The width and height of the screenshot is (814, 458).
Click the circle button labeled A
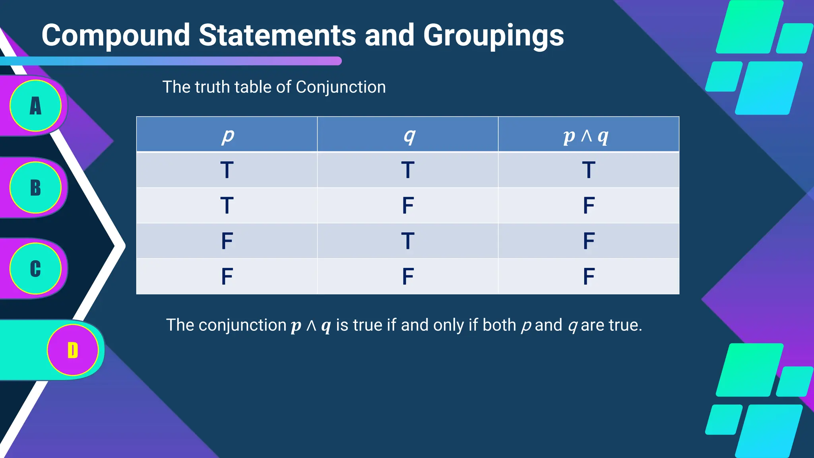click(x=36, y=106)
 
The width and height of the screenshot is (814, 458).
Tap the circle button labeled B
click(x=36, y=188)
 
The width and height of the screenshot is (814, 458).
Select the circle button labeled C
click(x=36, y=269)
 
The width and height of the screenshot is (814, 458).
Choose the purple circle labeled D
click(x=73, y=350)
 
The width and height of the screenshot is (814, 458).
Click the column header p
click(x=227, y=136)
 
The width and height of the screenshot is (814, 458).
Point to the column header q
click(x=409, y=136)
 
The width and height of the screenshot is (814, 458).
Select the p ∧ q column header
click(x=586, y=136)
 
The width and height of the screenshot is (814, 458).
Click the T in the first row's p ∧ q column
click(x=589, y=170)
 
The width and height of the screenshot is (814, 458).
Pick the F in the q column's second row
click(x=408, y=206)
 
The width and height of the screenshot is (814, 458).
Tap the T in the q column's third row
click(x=408, y=241)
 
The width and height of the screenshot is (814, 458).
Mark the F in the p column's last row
click(x=227, y=276)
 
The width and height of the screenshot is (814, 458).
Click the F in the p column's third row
click(x=227, y=241)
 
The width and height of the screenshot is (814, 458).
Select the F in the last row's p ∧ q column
click(x=589, y=276)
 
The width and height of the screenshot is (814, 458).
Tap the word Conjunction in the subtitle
click(x=341, y=87)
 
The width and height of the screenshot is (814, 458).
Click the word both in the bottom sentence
click(x=499, y=325)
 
